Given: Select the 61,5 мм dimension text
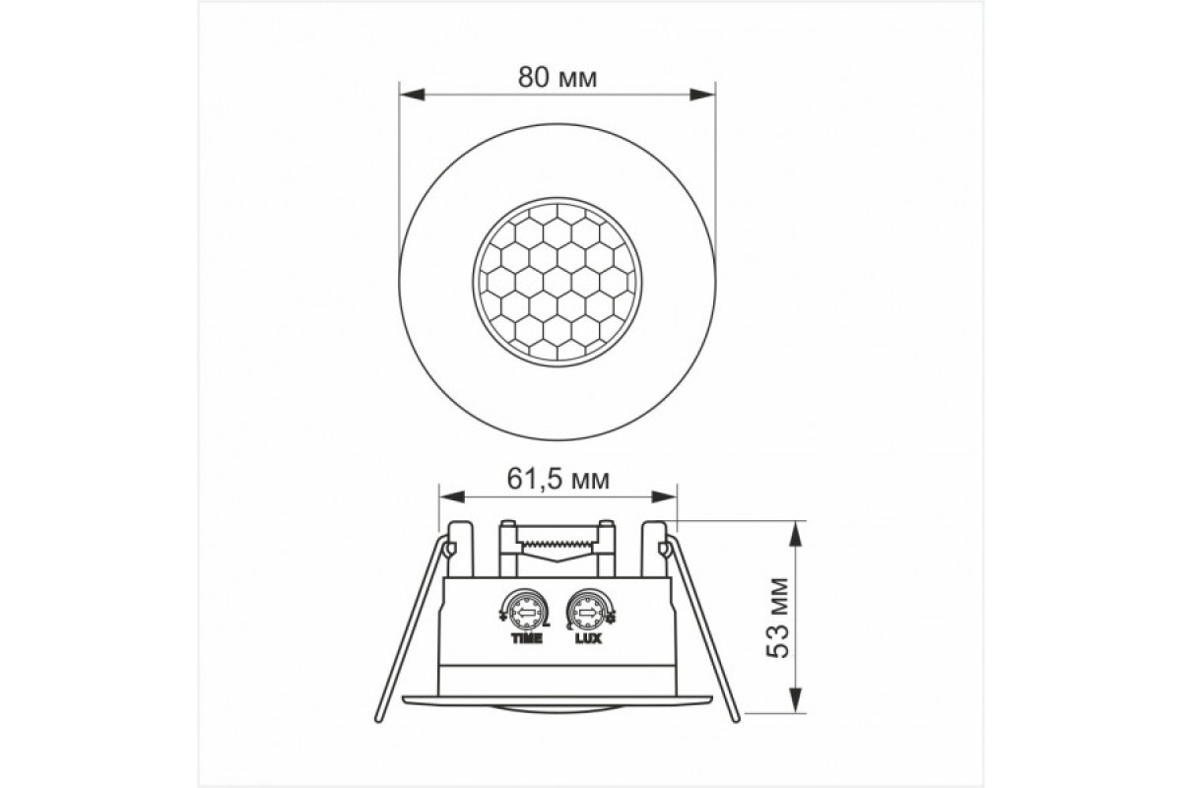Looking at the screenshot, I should [557, 480].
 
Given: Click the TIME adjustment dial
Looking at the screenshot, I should [526, 616].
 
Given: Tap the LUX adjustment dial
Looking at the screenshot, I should [588, 616].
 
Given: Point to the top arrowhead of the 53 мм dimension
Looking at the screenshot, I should [795, 528].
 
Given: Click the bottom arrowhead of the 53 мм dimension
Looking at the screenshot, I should [795, 703].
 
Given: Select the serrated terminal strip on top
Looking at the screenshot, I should [558, 543].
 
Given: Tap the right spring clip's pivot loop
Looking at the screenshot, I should [665, 546].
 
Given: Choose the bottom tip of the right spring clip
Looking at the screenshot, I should [735, 724].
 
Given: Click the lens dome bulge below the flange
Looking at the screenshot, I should [557, 707].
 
